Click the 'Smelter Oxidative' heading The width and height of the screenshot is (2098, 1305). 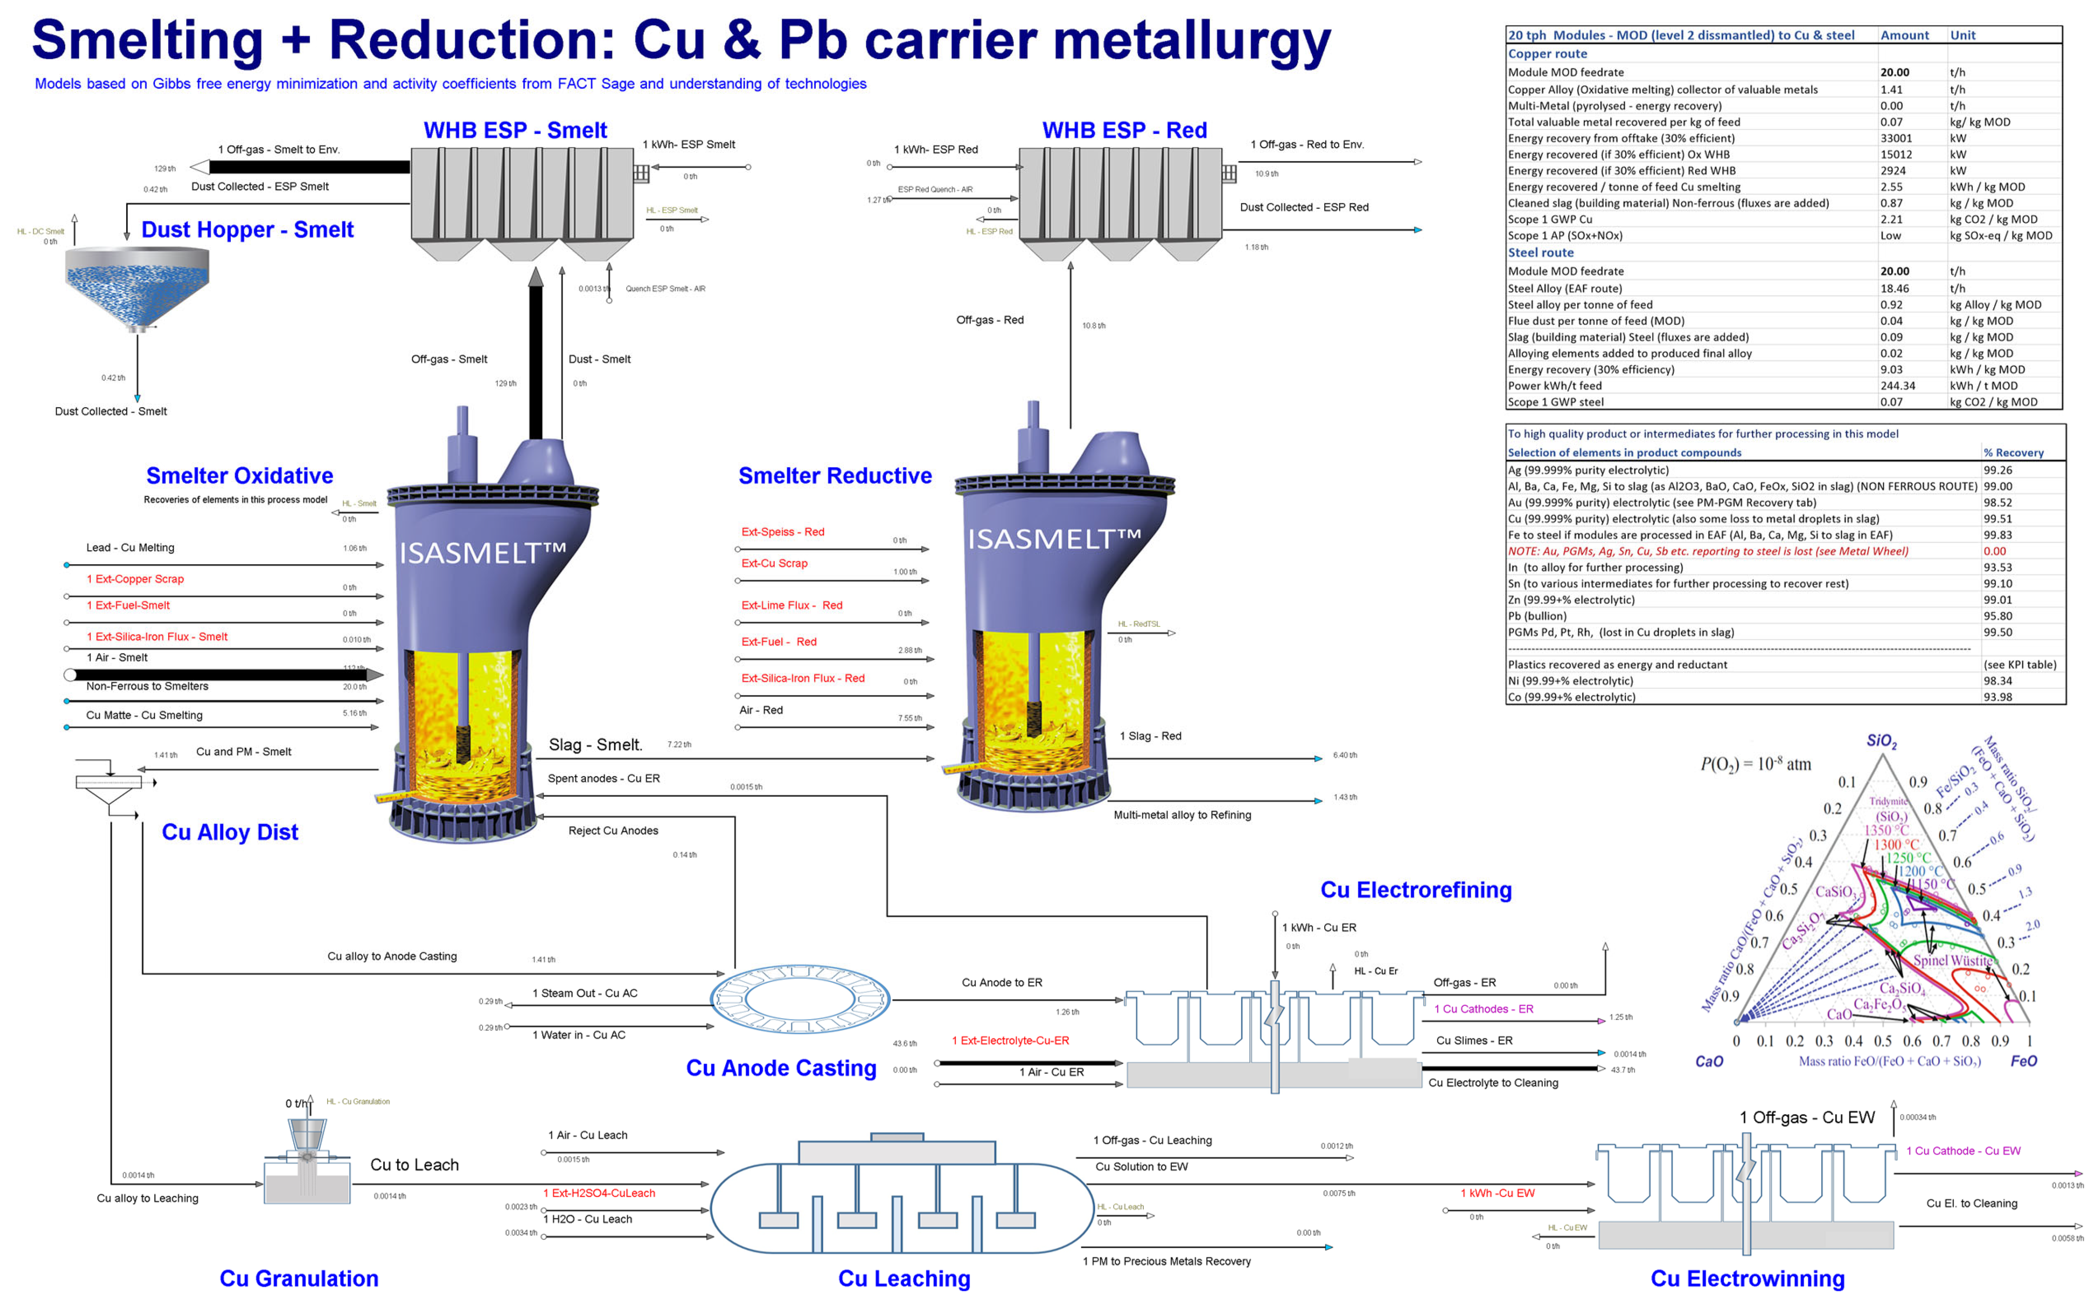click(239, 475)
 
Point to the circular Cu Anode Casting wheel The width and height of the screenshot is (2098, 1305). click(800, 999)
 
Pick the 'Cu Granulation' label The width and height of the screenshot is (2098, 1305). click(299, 1278)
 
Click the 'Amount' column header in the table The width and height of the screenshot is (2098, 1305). click(1904, 35)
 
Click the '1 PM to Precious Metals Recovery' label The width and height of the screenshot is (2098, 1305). click(1167, 1261)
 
